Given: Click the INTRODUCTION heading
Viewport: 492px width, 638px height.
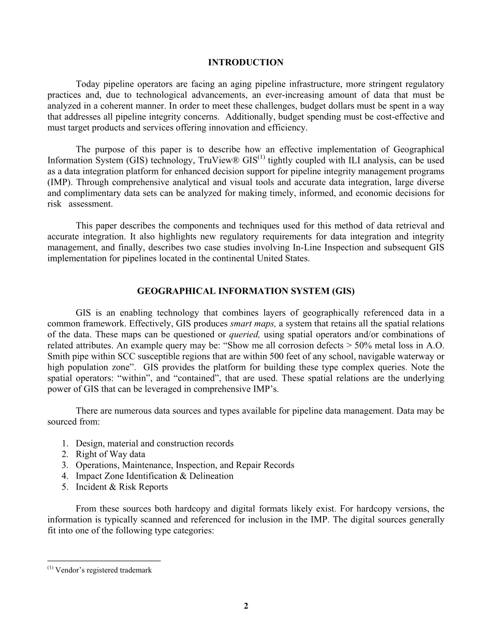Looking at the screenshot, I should (245, 63).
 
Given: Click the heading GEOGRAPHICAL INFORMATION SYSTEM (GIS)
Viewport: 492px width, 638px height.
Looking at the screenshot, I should (245, 292).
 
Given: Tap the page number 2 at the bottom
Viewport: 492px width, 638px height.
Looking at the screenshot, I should (246, 606).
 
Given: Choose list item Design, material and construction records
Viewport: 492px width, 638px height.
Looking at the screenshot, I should (154, 443).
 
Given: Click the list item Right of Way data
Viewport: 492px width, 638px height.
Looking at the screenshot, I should (110, 454).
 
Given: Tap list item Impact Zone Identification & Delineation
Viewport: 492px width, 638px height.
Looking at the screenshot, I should (154, 476).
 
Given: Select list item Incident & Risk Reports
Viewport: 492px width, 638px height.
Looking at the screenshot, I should (122, 487).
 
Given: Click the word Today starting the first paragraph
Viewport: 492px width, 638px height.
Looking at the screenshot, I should (88, 84).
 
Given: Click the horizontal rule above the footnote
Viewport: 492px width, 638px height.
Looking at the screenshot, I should (104, 561).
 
